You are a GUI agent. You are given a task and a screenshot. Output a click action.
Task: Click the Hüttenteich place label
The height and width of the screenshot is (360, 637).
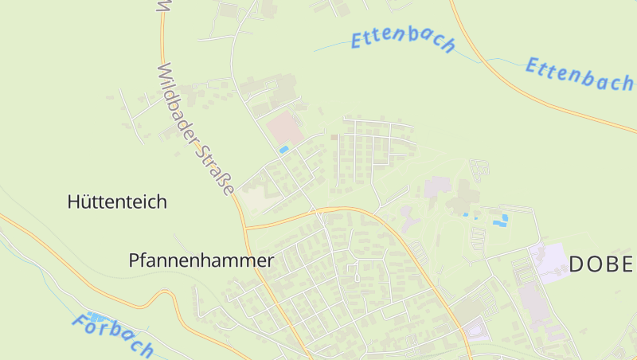[x=117, y=202]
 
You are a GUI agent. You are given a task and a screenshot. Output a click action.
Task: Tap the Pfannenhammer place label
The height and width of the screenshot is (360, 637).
[x=201, y=260]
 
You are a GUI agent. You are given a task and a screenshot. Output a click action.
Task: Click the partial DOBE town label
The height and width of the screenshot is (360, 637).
[x=601, y=264]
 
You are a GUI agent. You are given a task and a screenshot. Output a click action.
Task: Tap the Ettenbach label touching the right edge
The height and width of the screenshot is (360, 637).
[x=579, y=73]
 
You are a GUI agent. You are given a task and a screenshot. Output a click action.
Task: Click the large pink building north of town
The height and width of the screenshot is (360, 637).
[x=284, y=127]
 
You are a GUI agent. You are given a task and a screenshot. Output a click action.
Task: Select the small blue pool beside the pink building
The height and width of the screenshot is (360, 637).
[x=284, y=149]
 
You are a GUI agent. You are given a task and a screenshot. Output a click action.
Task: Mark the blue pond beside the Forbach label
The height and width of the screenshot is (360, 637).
[x=96, y=318]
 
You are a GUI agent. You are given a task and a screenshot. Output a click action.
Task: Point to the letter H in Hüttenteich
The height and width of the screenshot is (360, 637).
[x=73, y=202]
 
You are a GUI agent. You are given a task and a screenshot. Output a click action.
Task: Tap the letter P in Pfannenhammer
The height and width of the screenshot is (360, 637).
[x=134, y=260]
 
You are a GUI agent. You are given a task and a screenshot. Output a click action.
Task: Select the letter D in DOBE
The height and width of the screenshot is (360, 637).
[x=576, y=264]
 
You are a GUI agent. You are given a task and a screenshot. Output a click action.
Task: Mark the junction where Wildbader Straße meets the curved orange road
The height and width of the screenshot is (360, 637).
[x=245, y=228]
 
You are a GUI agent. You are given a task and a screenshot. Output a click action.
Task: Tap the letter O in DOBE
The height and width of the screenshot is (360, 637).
[x=596, y=264]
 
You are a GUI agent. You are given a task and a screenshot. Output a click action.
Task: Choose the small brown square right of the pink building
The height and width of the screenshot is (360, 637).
[x=334, y=138]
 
